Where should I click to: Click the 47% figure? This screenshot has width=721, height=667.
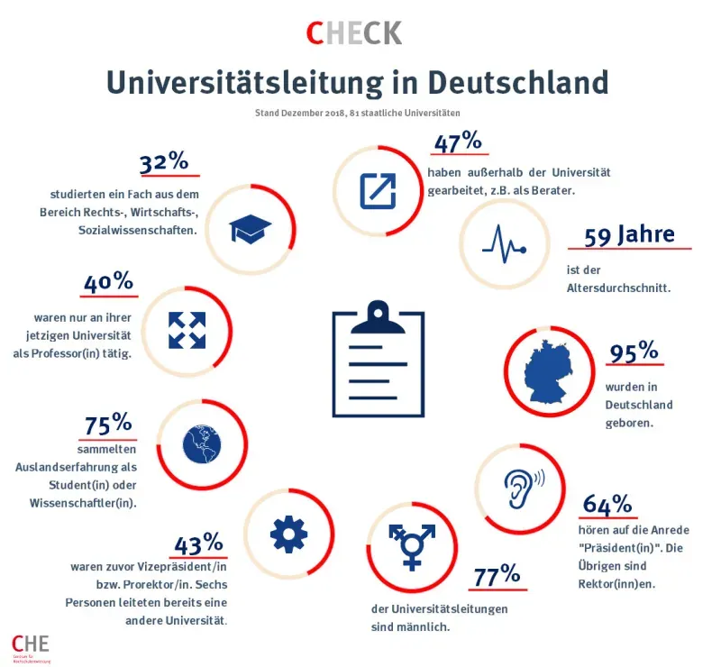(459, 144)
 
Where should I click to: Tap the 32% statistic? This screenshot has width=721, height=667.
(164, 163)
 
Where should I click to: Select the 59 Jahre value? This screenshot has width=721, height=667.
(629, 236)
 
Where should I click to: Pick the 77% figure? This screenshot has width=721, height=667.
(497, 574)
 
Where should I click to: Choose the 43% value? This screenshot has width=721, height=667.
(197, 544)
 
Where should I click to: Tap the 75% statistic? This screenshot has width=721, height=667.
(108, 424)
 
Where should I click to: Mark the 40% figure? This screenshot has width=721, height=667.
(108, 284)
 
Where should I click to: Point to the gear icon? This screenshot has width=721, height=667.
(288, 535)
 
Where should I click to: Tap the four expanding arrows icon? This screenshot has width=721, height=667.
(187, 330)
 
